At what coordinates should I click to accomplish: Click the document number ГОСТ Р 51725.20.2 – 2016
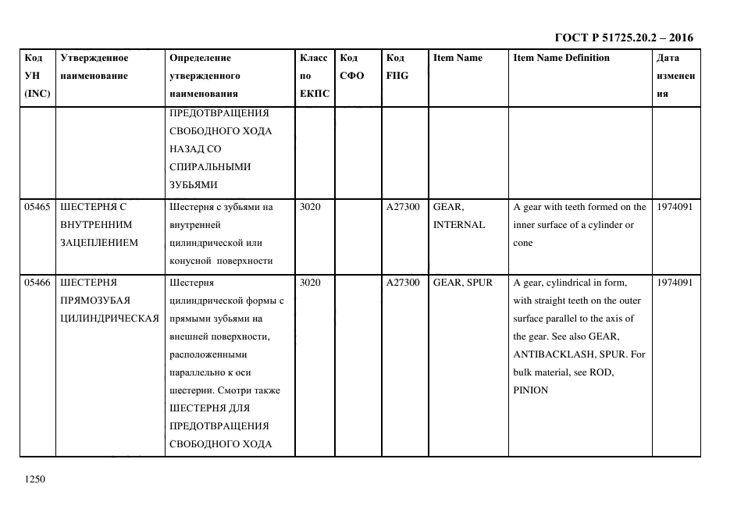tap(623, 37)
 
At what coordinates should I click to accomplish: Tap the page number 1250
tap(36, 479)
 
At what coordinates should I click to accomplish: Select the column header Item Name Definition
tap(561, 58)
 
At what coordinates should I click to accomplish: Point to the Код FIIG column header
tap(397, 67)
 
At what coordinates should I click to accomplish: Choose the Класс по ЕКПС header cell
tap(314, 76)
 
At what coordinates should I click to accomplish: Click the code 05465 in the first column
tap(37, 207)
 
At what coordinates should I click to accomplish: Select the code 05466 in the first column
tap(37, 283)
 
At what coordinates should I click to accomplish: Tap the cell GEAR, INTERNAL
tap(459, 215)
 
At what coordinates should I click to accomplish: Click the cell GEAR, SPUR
tap(463, 283)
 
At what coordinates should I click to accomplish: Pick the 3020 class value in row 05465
tap(310, 207)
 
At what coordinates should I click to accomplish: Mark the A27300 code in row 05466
tap(403, 283)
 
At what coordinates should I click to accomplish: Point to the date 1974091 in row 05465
tap(675, 207)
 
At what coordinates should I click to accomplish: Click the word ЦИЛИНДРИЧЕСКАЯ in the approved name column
tap(110, 318)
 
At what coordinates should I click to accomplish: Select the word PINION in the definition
tap(531, 390)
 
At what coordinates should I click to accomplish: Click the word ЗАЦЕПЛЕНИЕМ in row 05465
tap(99, 243)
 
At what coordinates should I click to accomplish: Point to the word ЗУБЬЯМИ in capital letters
tap(193, 185)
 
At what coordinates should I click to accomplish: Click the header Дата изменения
tap(675, 76)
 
